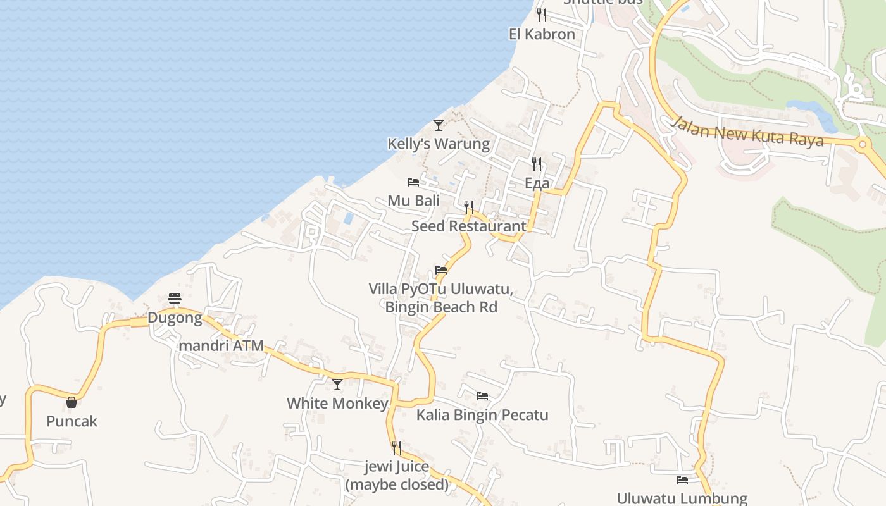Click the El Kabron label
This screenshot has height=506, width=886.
coord(542,34)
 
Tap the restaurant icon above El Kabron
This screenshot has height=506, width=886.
coord(541,15)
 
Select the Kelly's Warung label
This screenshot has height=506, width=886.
coord(439,144)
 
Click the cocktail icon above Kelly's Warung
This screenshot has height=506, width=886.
coord(438,125)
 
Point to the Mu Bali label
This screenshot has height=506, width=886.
coord(413,201)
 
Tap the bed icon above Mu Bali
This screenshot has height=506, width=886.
coord(413,182)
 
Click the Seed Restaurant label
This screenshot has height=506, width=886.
coord(468,226)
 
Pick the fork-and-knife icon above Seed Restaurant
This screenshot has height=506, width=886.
coord(468,207)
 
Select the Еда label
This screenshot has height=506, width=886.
coord(537,183)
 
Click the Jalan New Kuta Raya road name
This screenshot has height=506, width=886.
coord(748,131)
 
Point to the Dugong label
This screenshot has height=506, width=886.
coord(175,318)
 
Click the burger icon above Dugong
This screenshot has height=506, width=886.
coord(175,299)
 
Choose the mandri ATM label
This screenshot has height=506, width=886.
coord(221,346)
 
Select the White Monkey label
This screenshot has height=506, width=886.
coord(337,404)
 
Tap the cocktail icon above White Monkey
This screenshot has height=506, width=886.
coord(337,384)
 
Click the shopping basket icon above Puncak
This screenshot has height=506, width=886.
coord(72,402)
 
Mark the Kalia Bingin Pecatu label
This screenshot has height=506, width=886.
coord(482,415)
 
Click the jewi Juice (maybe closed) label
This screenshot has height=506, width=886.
coord(397,476)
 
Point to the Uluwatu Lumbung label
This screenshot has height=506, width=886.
coord(682,498)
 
